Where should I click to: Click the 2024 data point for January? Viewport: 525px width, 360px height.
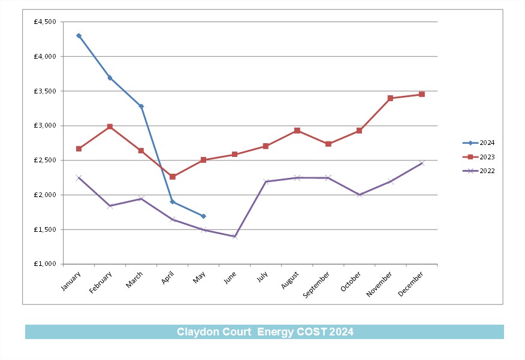(x=79, y=36)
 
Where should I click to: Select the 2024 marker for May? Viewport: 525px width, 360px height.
(x=203, y=216)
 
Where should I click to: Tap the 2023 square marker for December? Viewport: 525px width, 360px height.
(x=421, y=95)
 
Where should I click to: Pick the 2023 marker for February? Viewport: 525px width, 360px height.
(x=110, y=126)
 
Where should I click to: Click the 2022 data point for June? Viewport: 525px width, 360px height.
(x=235, y=237)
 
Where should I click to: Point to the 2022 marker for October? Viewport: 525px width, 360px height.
(x=359, y=195)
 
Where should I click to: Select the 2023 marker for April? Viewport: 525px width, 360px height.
(x=173, y=177)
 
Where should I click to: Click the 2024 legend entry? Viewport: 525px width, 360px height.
(x=478, y=143)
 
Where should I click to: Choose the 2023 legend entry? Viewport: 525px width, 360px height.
(x=478, y=157)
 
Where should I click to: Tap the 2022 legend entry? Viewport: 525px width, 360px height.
(x=478, y=171)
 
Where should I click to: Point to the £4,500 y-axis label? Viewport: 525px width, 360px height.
(x=45, y=22)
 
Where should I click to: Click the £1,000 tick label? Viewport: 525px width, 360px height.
(x=45, y=264)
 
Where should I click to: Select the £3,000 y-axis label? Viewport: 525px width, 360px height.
(x=45, y=126)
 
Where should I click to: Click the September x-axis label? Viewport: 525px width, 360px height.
(x=316, y=285)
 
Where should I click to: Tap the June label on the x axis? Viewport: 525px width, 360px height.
(x=230, y=277)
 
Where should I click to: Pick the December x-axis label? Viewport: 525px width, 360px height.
(x=411, y=284)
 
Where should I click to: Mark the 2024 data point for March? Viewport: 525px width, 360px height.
(x=141, y=107)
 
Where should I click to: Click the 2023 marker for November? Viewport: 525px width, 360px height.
(x=390, y=98)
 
